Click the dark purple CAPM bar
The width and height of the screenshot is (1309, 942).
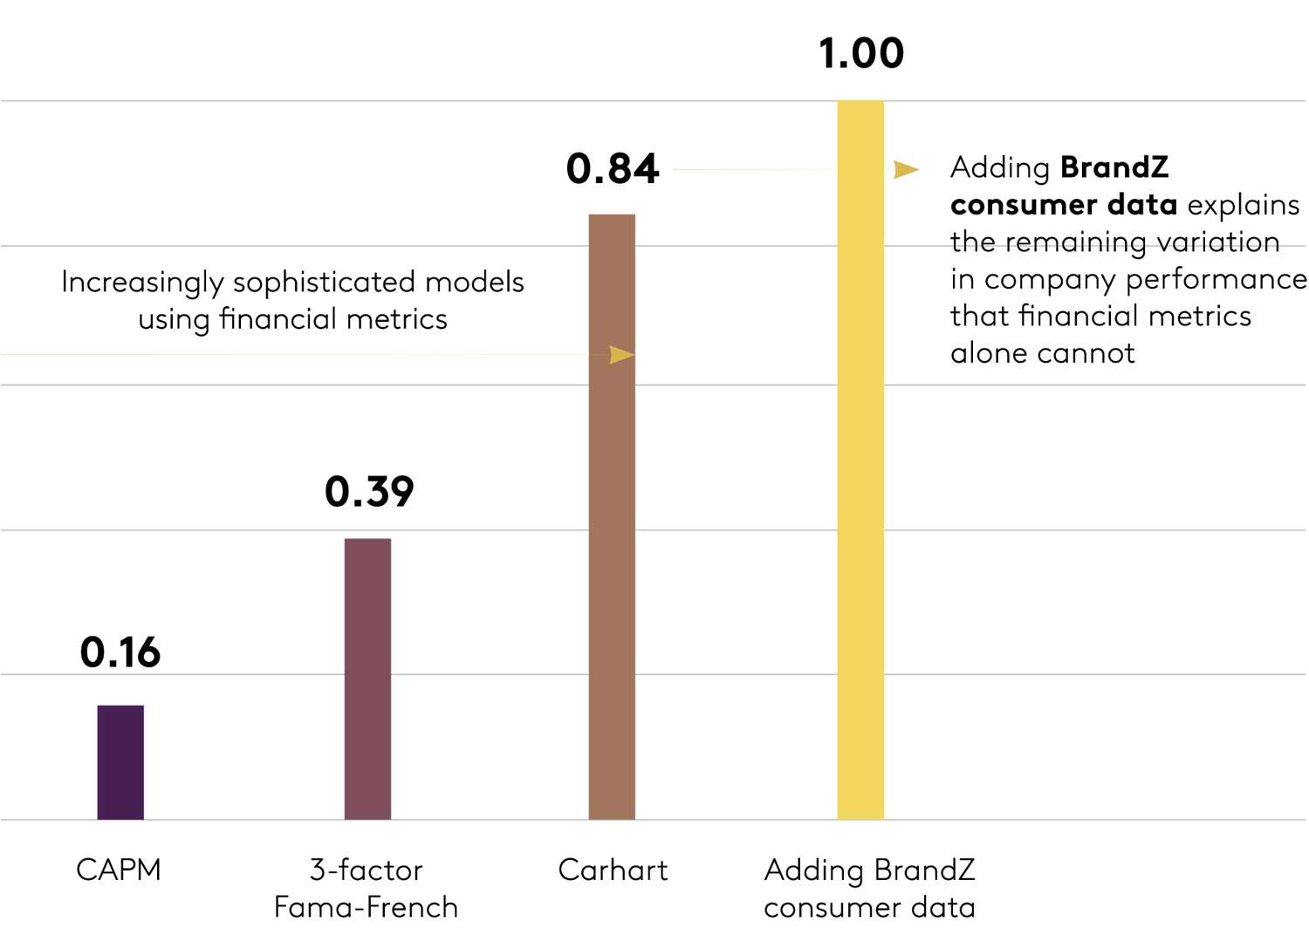click(120, 761)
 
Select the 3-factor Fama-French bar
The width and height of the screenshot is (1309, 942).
click(367, 679)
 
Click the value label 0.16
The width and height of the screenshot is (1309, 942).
click(120, 652)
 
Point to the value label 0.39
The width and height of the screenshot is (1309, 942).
click(369, 492)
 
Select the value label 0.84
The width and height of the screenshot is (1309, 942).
click(613, 168)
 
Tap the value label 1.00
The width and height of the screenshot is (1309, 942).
click(861, 53)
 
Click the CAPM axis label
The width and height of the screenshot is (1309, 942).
click(119, 870)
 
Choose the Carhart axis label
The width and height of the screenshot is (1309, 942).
click(613, 870)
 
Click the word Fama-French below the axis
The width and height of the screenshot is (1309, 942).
click(366, 907)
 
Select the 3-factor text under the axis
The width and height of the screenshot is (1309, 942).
click(366, 870)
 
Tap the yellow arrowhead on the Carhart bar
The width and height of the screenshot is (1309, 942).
click(621, 354)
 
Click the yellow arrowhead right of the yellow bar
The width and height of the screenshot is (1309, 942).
click(906, 169)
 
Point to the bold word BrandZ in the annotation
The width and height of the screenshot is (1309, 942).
click(1114, 167)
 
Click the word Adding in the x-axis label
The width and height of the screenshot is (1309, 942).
click(813, 870)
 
